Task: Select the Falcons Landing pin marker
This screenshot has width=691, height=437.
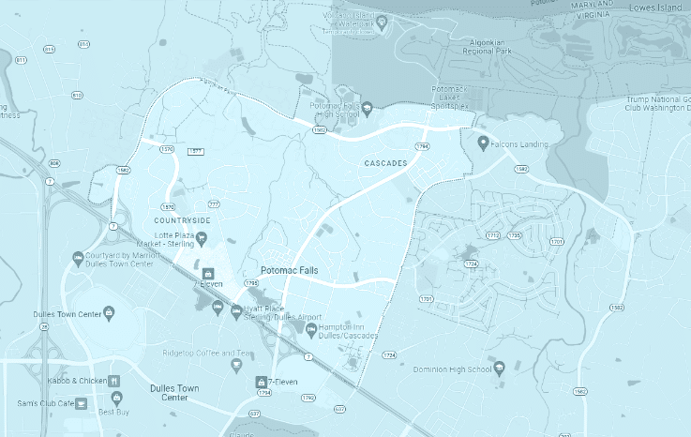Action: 483,143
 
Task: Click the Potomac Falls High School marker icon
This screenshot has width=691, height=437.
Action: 368,107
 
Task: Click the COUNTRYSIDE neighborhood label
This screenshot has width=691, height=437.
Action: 182,220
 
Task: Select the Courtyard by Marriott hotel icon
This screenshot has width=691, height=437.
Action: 78,257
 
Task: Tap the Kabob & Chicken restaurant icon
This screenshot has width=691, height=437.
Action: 113,382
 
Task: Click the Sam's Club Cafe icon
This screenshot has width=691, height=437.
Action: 82,403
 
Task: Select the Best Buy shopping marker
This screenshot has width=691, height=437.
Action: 117,398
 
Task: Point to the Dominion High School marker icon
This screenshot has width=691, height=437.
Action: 500,368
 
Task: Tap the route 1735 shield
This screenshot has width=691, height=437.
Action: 514,235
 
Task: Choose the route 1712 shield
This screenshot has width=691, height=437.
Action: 493,235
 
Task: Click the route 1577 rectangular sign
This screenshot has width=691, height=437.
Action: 196,152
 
